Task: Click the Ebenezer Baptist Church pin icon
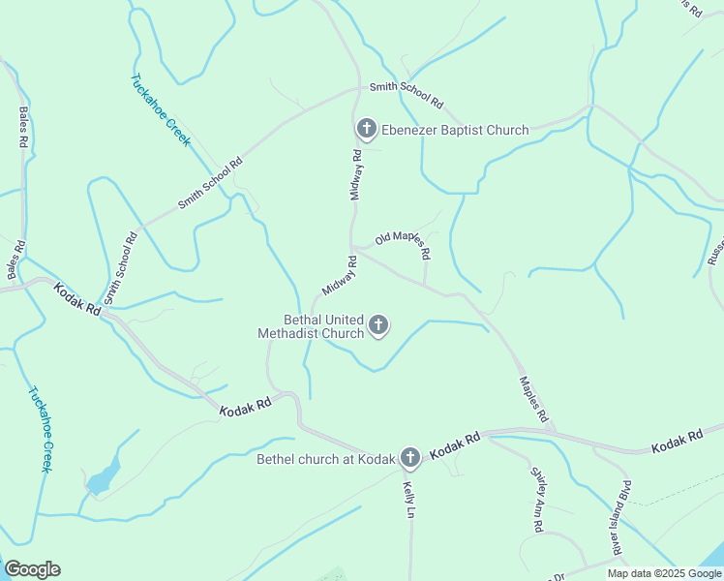(x=367, y=128)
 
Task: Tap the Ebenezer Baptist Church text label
(x=455, y=130)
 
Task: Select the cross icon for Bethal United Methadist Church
(x=378, y=325)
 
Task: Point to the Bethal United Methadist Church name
(x=311, y=326)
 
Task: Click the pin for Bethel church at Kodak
(x=410, y=458)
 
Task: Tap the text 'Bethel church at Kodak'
(x=326, y=459)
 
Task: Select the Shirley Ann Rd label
(x=536, y=499)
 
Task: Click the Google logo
(x=32, y=569)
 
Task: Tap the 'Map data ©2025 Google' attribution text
(x=665, y=573)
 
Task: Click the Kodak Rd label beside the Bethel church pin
(x=455, y=446)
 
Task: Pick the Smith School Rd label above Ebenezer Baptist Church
(x=406, y=94)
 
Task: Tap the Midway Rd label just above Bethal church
(x=340, y=277)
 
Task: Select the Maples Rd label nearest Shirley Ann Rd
(x=534, y=399)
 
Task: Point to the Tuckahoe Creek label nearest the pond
(x=39, y=429)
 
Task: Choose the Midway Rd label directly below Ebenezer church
(x=356, y=174)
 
